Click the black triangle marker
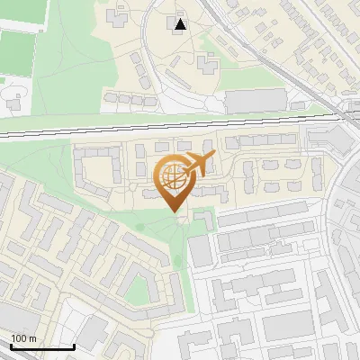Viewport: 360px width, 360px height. [x=181, y=24]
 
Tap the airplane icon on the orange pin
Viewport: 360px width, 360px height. [x=198, y=165]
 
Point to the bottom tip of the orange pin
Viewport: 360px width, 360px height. [x=172, y=212]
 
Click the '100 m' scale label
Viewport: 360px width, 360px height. [x=24, y=338]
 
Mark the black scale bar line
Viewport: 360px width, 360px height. [x=41, y=346]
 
